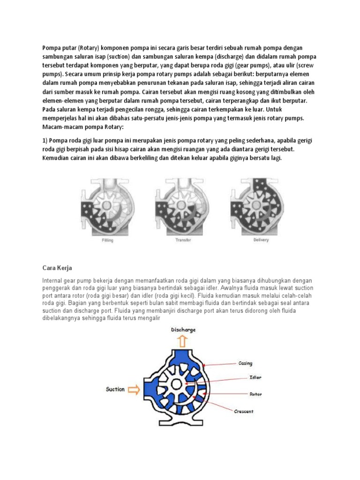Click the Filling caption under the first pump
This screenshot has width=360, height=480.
pyautogui.click(x=108, y=240)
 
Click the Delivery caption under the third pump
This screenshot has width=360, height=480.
pyautogui.click(x=261, y=240)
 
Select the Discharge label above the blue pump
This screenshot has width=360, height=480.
pyautogui.click(x=183, y=330)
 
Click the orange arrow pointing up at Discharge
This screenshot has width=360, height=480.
pyautogui.click(x=183, y=342)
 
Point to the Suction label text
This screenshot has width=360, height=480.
pyautogui.click(x=115, y=389)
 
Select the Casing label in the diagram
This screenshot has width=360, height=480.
pyautogui.click(x=246, y=363)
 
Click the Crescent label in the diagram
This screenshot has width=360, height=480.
pyautogui.click(x=244, y=412)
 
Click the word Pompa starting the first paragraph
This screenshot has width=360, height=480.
pyautogui.click(x=51, y=48)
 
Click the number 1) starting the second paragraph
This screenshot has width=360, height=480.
pyautogui.click(x=45, y=141)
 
